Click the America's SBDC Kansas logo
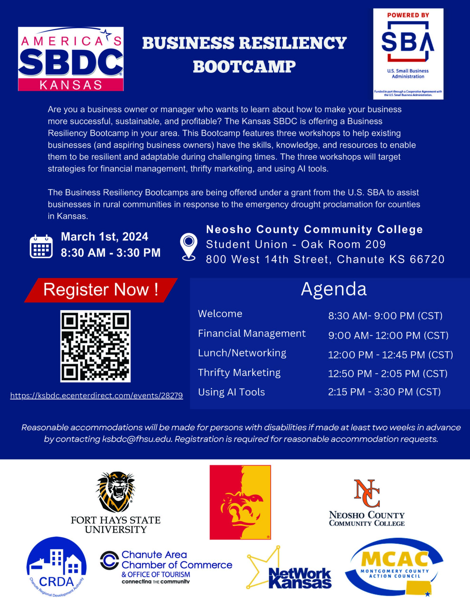71,59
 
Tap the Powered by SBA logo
408,54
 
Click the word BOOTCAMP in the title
244,67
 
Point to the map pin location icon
189,246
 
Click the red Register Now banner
101,290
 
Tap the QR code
95,346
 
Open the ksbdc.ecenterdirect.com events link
96,395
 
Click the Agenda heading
333,289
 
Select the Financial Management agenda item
252,334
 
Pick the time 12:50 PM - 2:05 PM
388,373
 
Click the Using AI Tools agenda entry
231,392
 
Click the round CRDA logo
56,567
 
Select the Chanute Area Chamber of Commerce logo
166,567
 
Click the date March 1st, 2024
105,237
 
